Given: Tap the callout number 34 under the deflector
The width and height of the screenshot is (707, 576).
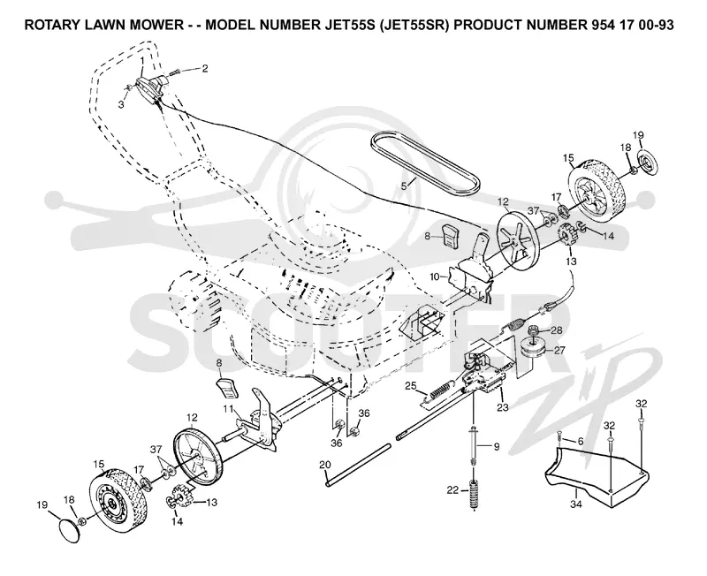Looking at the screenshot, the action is [x=576, y=504].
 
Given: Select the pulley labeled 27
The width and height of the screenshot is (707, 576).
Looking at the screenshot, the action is [x=532, y=349].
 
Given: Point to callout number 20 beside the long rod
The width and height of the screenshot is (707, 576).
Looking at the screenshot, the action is [x=324, y=465].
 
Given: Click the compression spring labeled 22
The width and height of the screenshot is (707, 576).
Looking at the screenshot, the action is [x=474, y=495].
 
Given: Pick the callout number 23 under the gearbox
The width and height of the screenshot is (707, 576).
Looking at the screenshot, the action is [x=503, y=407].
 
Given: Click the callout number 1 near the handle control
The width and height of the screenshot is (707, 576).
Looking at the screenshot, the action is [x=142, y=60].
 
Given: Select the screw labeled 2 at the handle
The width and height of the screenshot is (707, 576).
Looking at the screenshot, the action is [x=173, y=73].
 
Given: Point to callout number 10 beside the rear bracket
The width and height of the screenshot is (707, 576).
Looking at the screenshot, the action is [x=435, y=277].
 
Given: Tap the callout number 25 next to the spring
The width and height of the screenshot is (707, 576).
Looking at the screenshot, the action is [x=410, y=385].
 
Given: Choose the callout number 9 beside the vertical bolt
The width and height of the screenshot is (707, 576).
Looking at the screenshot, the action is [x=497, y=447].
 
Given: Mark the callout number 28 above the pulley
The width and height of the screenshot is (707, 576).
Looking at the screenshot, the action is [x=557, y=330].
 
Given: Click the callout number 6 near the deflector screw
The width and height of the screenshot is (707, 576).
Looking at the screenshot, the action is [x=581, y=442].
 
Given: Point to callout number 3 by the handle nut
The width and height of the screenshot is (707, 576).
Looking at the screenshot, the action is [x=121, y=104].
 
